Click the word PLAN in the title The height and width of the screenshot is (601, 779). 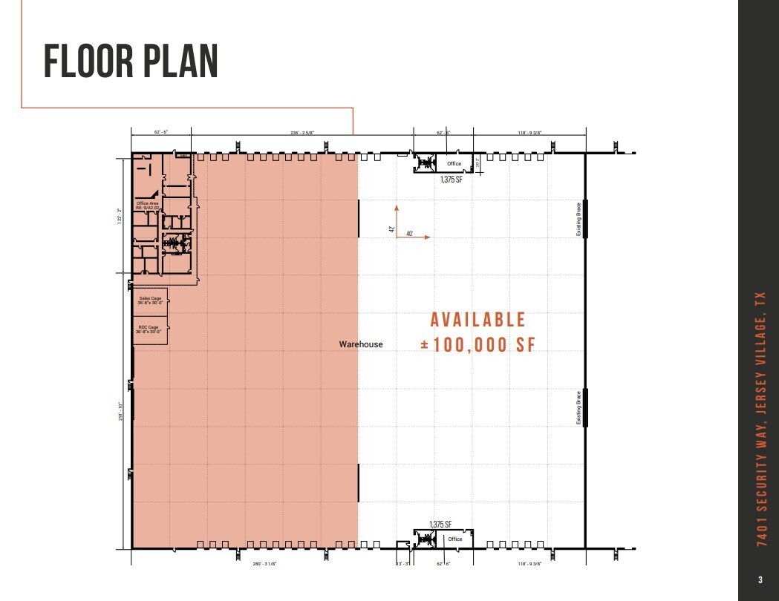click(x=178, y=62)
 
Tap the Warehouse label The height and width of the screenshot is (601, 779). click(x=361, y=344)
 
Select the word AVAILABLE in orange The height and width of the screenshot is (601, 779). click(x=478, y=320)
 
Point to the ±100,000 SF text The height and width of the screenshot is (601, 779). click(x=477, y=345)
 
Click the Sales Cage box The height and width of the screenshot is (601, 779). click(x=150, y=301)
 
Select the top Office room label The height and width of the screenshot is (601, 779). click(x=454, y=163)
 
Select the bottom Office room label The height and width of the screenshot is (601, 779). click(x=454, y=539)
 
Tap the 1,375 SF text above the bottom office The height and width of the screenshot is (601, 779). click(x=440, y=525)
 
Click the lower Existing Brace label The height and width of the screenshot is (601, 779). click(x=579, y=407)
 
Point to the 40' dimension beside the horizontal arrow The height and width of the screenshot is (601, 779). click(x=409, y=234)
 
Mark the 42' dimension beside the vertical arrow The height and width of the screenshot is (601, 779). click(x=391, y=229)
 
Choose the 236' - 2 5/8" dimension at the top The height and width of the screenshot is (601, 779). click(x=302, y=133)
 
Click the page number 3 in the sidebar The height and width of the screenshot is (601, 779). click(x=760, y=579)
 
